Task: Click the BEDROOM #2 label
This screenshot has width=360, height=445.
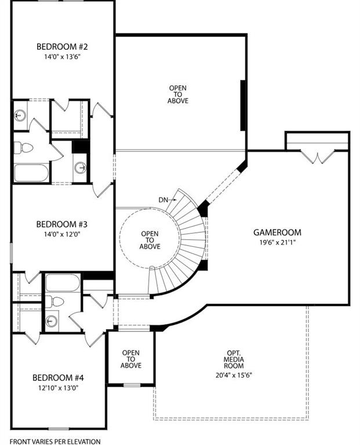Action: (x=61, y=46)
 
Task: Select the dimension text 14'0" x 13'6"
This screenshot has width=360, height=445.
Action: (x=61, y=57)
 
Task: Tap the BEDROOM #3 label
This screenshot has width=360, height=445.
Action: (x=61, y=224)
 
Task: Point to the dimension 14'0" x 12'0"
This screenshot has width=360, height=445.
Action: (x=61, y=235)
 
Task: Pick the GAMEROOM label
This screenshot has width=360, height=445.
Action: (x=277, y=233)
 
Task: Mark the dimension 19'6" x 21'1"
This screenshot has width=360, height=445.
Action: (x=277, y=243)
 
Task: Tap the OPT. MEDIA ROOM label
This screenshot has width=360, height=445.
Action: (x=235, y=359)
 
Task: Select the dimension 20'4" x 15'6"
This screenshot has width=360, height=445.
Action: (x=235, y=375)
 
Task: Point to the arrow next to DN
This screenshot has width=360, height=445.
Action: (x=172, y=200)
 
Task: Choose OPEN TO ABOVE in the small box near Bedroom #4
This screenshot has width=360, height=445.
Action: (x=131, y=359)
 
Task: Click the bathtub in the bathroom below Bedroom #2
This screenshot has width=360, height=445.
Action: (x=31, y=173)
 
